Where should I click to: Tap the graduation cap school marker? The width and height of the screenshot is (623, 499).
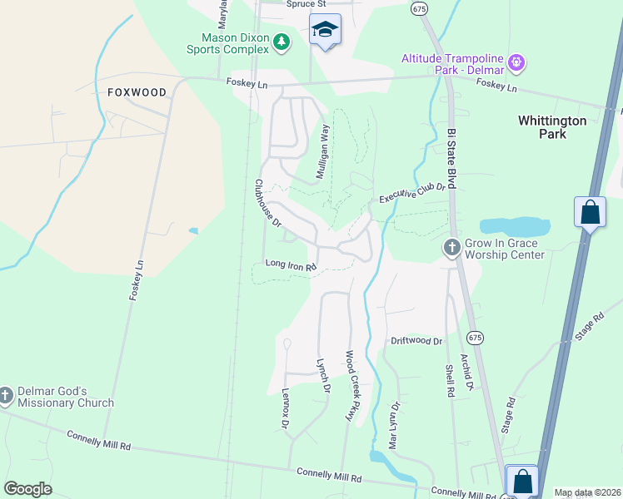point(324,30)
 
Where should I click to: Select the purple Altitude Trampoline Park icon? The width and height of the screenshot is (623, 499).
point(516,62)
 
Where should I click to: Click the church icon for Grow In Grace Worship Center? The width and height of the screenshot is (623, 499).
point(451,247)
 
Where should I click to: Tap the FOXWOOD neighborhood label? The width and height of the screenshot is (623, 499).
point(137,92)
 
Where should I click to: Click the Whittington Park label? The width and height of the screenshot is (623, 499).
point(552,127)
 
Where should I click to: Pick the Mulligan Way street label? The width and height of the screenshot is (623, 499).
point(323,152)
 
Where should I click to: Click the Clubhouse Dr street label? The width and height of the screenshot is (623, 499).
point(268,205)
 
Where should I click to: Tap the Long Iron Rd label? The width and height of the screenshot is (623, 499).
point(292,266)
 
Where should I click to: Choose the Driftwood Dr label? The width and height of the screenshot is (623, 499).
point(416,341)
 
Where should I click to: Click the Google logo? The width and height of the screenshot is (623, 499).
point(27,488)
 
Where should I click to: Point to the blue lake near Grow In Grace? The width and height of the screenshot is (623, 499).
point(515,226)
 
